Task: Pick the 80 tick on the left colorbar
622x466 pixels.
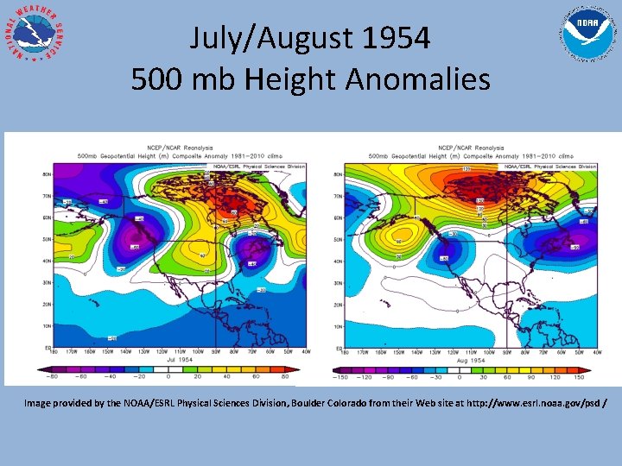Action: coord(285,377)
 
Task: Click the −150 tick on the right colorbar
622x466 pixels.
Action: coord(340,377)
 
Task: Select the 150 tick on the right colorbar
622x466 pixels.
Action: coord(578,377)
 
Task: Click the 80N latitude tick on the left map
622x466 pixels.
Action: coord(48,174)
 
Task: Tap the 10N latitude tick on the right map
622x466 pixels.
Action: coord(338,325)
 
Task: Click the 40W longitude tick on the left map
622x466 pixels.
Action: coord(306,352)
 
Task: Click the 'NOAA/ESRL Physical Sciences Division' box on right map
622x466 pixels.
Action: coord(551,166)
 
